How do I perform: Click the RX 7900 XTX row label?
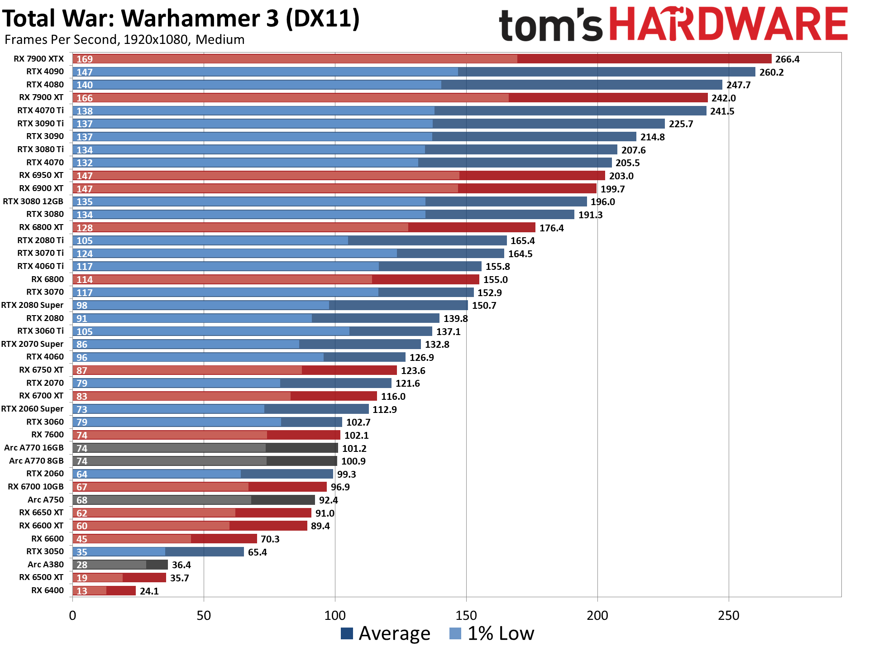coord(38,59)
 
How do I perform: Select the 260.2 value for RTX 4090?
coord(771,72)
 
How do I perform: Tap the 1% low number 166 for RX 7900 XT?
coord(85,98)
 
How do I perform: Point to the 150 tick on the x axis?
coord(466,616)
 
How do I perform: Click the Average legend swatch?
coord(347,633)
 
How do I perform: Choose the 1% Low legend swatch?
coord(455,633)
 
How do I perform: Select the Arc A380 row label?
coord(46,565)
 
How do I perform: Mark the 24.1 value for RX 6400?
coord(149,591)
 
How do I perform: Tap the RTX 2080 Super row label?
coord(32,305)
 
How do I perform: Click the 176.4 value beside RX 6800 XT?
coord(551,228)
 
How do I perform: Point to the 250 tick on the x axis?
coord(729,616)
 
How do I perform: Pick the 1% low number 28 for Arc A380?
coord(82,565)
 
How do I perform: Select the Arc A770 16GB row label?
coord(34,448)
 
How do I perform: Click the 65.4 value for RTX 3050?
coord(258,552)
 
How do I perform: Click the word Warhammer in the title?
coord(200,19)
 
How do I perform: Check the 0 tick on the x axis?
coord(72,616)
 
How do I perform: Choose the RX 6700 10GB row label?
coord(36,487)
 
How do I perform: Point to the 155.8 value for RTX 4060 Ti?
coord(498,267)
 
